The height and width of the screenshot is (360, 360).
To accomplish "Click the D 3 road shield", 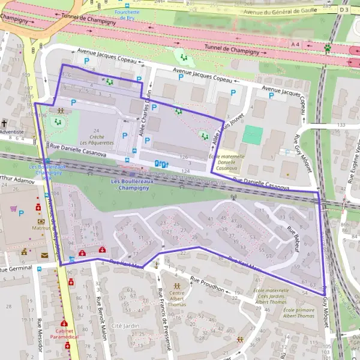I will (343, 10).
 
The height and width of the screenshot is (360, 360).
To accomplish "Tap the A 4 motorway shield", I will (295, 44).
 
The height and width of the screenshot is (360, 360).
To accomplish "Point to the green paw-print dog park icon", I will (328, 47).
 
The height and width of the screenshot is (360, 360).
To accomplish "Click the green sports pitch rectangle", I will (253, 134).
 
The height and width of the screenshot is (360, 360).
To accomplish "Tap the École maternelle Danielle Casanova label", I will (223, 163).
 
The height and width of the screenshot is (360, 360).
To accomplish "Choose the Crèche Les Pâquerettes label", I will (96, 140).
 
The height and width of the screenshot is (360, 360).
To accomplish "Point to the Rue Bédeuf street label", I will (292, 238).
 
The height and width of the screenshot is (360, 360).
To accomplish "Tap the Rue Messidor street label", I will (40, 337).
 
